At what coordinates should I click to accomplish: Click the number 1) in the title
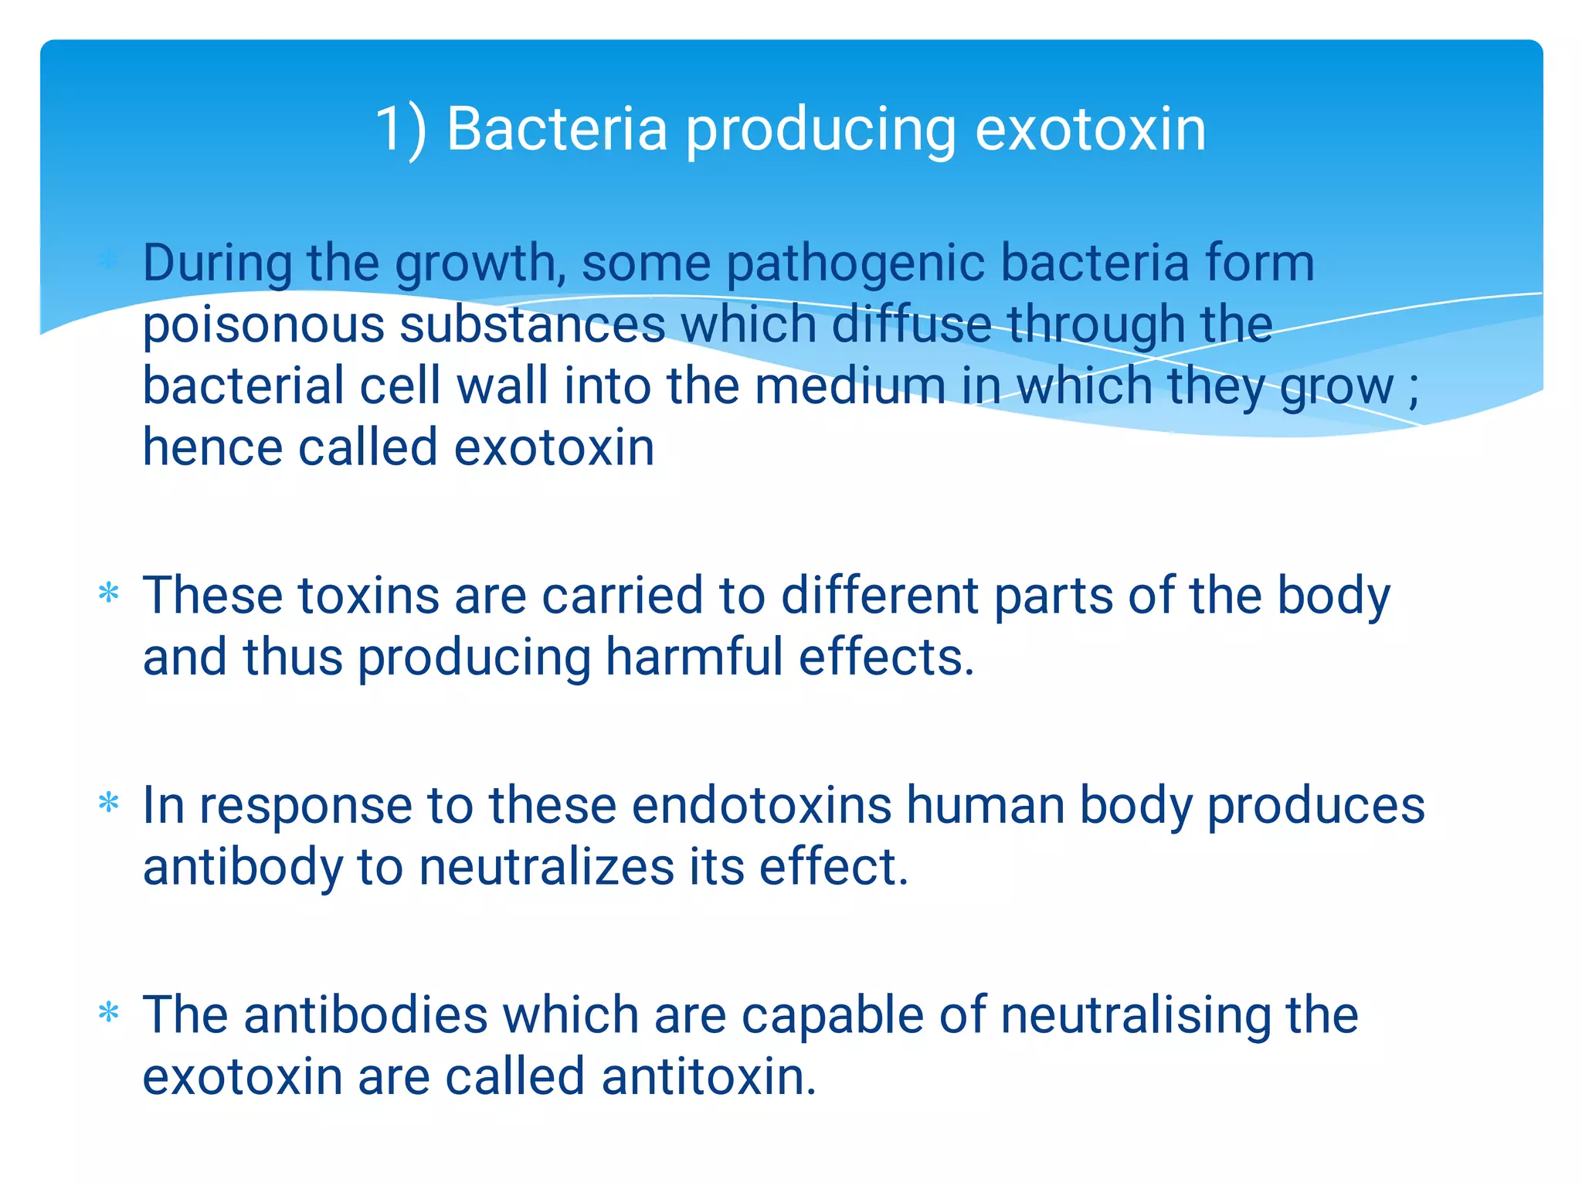[x=400, y=130]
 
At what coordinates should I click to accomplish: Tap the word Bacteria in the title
[x=556, y=128]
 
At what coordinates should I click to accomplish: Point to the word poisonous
[x=263, y=325]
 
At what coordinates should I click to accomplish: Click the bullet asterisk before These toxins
[x=109, y=593]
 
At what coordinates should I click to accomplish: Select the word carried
[x=623, y=596]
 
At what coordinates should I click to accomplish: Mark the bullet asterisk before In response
[x=109, y=803]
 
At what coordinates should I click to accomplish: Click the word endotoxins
[x=762, y=805]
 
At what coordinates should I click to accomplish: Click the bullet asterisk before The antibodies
[x=109, y=1012]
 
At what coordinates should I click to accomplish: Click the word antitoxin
[x=708, y=1077]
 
